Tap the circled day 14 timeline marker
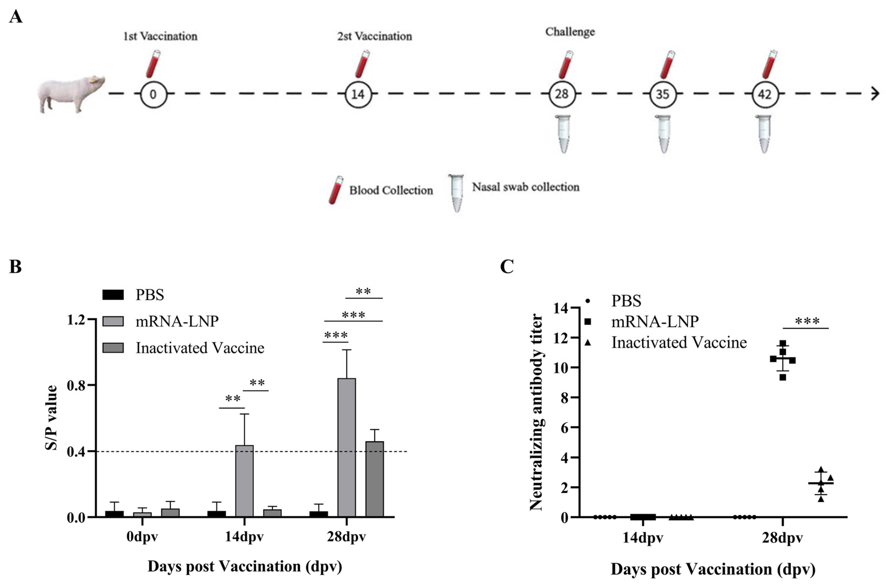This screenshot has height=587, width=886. coord(358,94)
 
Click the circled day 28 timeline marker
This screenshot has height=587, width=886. coord(562,94)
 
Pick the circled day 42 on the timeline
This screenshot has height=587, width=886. coord(764,94)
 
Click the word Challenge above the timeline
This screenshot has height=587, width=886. coord(570,32)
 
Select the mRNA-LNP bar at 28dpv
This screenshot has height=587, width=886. coord(347,447)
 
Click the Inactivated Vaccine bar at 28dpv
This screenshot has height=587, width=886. coord(374,479)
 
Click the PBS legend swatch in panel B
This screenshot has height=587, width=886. coord(113,295)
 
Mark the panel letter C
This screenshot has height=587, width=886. coord(507,267)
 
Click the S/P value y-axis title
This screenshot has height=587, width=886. coord(51,417)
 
